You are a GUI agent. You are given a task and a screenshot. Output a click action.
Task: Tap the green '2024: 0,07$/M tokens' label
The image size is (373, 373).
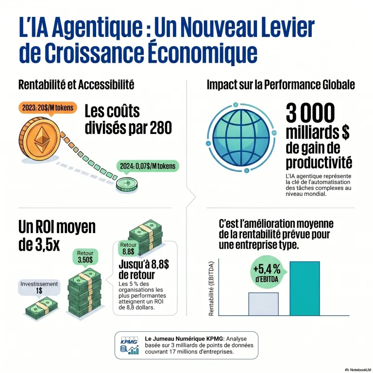pyautogui.click(x=148, y=166)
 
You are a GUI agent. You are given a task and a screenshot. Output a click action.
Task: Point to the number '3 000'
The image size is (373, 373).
pyautogui.click(x=310, y=114)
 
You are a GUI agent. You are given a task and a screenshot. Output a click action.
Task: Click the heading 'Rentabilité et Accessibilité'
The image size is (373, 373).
pyautogui.click(x=76, y=85)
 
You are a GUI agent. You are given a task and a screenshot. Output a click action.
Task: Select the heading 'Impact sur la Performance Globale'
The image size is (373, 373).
pyautogui.click(x=281, y=85)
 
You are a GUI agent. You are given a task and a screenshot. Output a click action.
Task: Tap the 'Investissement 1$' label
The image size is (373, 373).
pyautogui.click(x=39, y=288)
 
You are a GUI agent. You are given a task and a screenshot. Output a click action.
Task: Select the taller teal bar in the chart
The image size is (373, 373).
pyautogui.click(x=305, y=288)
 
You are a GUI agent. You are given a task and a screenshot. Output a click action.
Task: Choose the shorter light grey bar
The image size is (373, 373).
pyautogui.click(x=263, y=304)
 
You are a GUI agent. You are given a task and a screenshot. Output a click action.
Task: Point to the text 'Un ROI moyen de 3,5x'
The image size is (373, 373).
pyautogui.click(x=57, y=235)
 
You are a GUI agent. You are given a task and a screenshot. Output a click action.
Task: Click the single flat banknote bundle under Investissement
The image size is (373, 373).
pyautogui.click(x=41, y=308)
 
